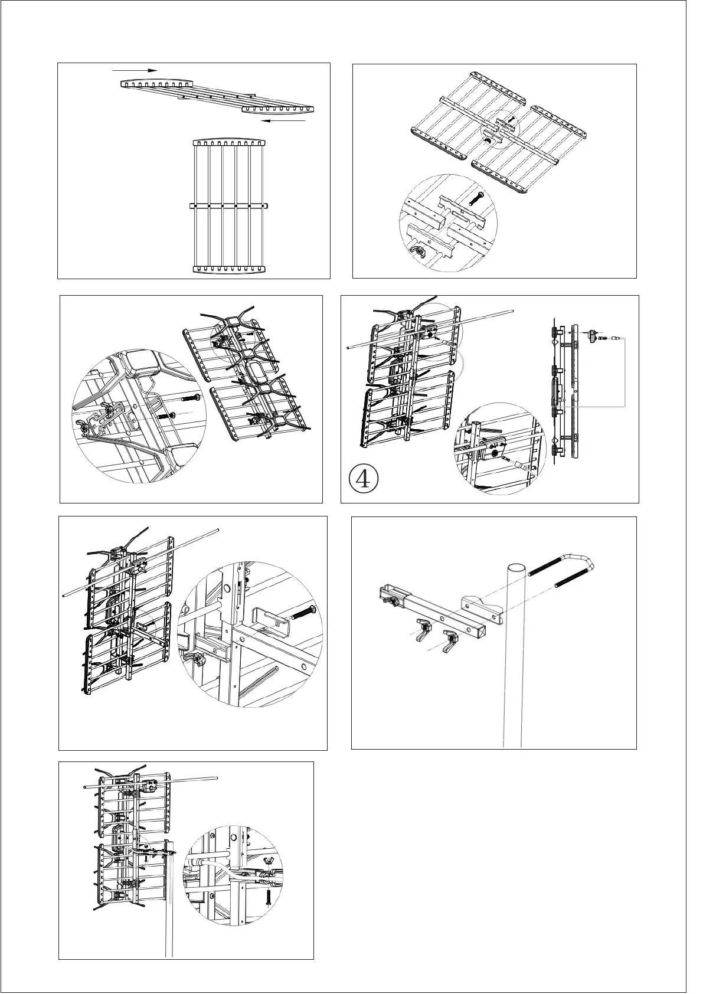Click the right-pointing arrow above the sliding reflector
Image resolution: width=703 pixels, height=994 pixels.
pos(135,70)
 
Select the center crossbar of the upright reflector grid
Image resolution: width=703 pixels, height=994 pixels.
pos(230,206)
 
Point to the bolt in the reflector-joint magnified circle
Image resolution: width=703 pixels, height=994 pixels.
pos(476,198)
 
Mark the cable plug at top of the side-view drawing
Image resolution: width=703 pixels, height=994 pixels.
pos(592,335)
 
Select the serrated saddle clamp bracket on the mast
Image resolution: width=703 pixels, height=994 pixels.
pos(481,606)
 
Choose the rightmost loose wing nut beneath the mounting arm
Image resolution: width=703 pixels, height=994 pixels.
pos(451,638)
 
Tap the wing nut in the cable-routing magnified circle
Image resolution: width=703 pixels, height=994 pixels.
pos(273,867)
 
